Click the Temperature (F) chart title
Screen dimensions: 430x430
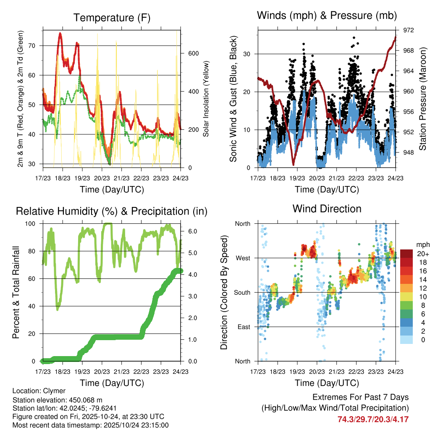click(x=112, y=18)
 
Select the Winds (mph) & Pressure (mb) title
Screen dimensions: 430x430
click(x=326, y=16)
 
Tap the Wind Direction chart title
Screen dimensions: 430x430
click(x=327, y=208)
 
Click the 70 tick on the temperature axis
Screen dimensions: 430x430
click(x=36, y=45)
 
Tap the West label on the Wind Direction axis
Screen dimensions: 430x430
click(x=243, y=258)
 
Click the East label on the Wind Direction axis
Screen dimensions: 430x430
click(x=244, y=327)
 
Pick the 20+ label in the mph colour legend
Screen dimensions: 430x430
click(x=422, y=253)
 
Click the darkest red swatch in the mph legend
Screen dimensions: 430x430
click(x=406, y=254)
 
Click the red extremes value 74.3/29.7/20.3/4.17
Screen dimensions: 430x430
click(x=373, y=419)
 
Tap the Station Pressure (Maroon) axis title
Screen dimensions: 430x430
click(x=423, y=99)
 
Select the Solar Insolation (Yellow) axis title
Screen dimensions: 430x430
click(x=206, y=99)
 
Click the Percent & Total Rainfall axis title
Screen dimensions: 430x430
click(x=16, y=292)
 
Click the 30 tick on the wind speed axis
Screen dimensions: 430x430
click(x=248, y=54)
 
